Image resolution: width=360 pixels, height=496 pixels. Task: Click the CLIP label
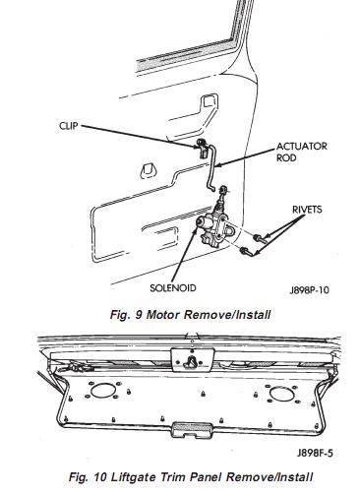[x=69, y=126]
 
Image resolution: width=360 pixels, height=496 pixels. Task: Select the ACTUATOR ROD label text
[x=302, y=152]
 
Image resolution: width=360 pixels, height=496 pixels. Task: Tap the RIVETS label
[x=307, y=210]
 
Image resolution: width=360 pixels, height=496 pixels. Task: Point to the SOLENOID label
[x=173, y=287]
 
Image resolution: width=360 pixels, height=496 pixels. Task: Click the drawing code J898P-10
[x=309, y=290]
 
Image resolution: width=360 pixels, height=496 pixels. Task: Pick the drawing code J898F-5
[x=315, y=453]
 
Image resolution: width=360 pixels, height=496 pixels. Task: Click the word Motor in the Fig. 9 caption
[x=163, y=315]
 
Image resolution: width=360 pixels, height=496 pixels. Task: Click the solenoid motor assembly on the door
[x=213, y=225]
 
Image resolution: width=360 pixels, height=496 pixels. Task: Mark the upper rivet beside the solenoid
[x=258, y=238]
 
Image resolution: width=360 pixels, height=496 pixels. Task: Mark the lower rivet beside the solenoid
[x=248, y=252]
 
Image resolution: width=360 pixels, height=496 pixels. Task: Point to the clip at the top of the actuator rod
[x=202, y=148]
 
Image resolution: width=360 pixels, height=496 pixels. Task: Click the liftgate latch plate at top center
[x=192, y=360]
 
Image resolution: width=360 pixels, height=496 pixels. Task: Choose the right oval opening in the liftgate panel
[x=281, y=394]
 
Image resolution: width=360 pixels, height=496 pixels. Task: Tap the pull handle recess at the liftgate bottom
[x=193, y=430]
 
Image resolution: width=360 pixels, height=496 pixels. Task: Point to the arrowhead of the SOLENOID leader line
[x=196, y=228]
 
